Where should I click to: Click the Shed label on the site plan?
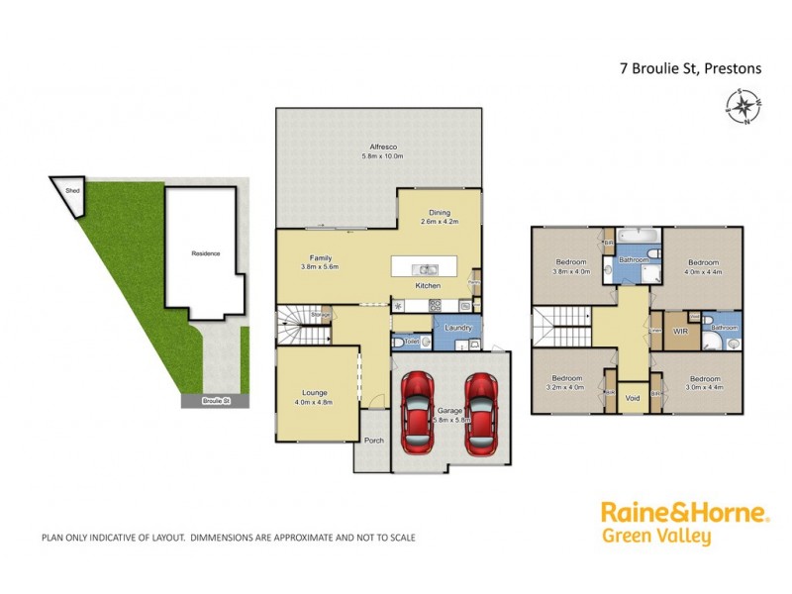point(71,190)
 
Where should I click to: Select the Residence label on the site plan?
point(206,253)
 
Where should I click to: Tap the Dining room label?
point(440,212)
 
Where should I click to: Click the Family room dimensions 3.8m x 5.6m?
point(321,267)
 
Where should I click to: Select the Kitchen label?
point(428,287)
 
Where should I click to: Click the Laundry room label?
point(457,328)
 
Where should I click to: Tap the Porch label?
point(373,442)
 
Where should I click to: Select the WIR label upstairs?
point(680,331)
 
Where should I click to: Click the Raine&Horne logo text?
point(684,513)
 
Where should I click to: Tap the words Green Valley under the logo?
point(655,538)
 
